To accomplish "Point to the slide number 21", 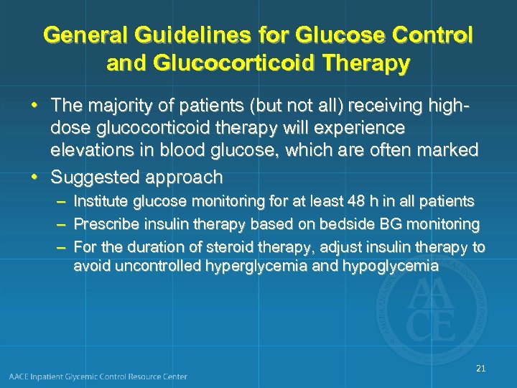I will (481, 369).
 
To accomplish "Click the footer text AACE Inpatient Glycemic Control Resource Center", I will (98, 377).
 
